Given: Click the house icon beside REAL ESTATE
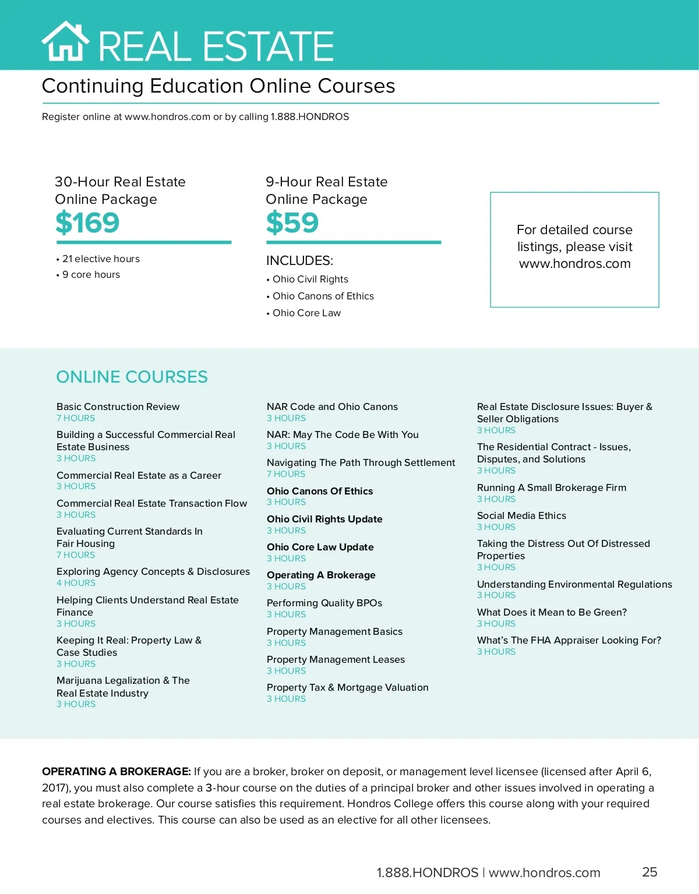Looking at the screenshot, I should click(x=65, y=41).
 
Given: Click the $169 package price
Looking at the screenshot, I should click(x=87, y=222).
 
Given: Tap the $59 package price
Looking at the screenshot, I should click(x=292, y=222).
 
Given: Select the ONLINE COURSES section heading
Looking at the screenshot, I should click(x=132, y=377).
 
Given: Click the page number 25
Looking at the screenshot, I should click(x=649, y=872).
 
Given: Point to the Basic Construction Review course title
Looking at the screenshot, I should click(x=118, y=407).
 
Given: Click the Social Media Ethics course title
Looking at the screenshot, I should click(x=521, y=515).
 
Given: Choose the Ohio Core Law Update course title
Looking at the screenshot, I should click(x=320, y=547).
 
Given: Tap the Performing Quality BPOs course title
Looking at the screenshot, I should click(x=324, y=603).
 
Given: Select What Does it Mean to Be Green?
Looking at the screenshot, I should click(x=552, y=612).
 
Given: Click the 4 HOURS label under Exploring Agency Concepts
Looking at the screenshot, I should click(x=76, y=583).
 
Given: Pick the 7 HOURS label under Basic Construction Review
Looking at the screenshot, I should click(x=76, y=418).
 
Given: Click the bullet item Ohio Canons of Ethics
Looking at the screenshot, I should click(x=323, y=296).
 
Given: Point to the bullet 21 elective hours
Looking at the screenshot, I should click(x=101, y=259).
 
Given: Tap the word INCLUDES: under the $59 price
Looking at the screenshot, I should click(x=299, y=260).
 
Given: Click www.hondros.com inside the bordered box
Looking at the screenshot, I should click(x=574, y=264).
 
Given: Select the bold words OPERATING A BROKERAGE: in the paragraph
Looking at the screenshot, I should click(x=116, y=772).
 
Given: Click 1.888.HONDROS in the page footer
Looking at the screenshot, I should click(x=427, y=872).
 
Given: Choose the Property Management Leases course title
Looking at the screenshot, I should click(x=336, y=659).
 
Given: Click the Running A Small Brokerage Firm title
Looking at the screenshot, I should click(x=552, y=487).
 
